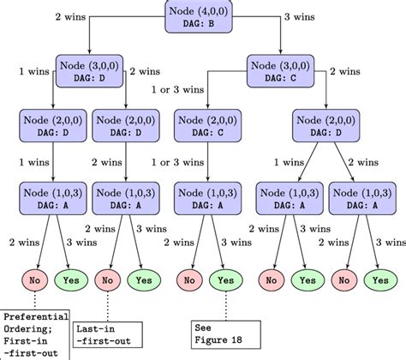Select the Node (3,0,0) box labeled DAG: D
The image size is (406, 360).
click(x=90, y=70)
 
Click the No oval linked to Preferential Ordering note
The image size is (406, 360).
click(x=33, y=279)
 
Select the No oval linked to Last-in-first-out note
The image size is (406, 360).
click(x=108, y=279)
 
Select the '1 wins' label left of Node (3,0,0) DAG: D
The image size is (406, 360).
click(x=31, y=70)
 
